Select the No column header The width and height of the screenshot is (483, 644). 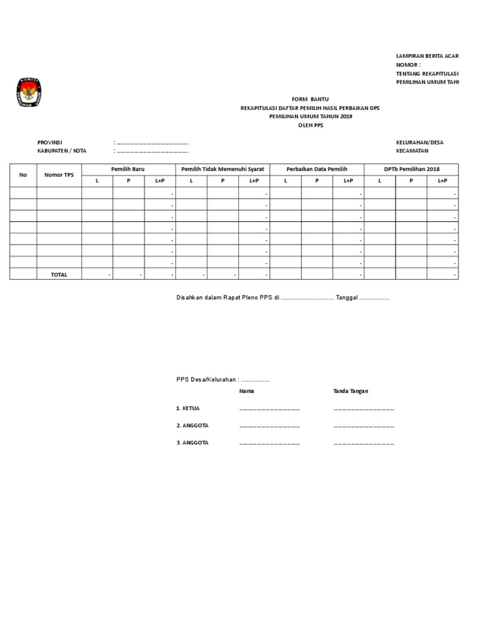[23, 175]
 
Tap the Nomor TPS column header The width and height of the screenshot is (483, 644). [59, 175]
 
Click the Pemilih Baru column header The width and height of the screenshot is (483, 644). [128, 169]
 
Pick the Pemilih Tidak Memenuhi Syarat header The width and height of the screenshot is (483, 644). [223, 169]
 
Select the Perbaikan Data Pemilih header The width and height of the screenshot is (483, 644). [317, 169]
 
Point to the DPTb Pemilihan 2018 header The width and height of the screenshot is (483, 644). [411, 169]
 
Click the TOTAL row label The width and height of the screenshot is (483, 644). [59, 275]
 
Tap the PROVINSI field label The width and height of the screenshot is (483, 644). [50, 143]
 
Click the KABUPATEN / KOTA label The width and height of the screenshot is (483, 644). [62, 151]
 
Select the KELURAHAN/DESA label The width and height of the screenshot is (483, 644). [419, 143]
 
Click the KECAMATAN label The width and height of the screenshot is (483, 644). [412, 151]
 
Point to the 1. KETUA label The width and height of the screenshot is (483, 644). [188, 409]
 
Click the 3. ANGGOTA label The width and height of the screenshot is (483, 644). [192, 443]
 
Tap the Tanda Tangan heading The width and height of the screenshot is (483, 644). [350, 391]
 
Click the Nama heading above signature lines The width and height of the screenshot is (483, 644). [247, 391]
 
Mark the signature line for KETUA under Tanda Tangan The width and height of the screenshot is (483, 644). [364, 409]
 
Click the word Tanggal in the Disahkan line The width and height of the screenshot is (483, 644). [347, 297]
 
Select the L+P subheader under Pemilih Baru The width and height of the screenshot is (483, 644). [160, 180]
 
